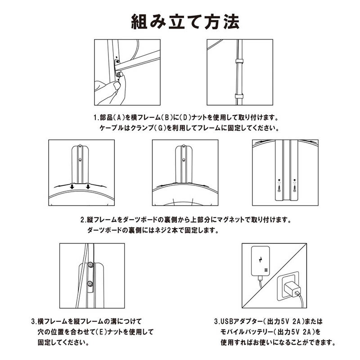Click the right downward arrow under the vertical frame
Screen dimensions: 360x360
pyautogui.click(x=88, y=186)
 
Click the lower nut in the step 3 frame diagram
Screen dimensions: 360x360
pyautogui.click(x=90, y=283)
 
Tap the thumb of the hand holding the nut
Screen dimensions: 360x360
pyautogui.click(x=117, y=85)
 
